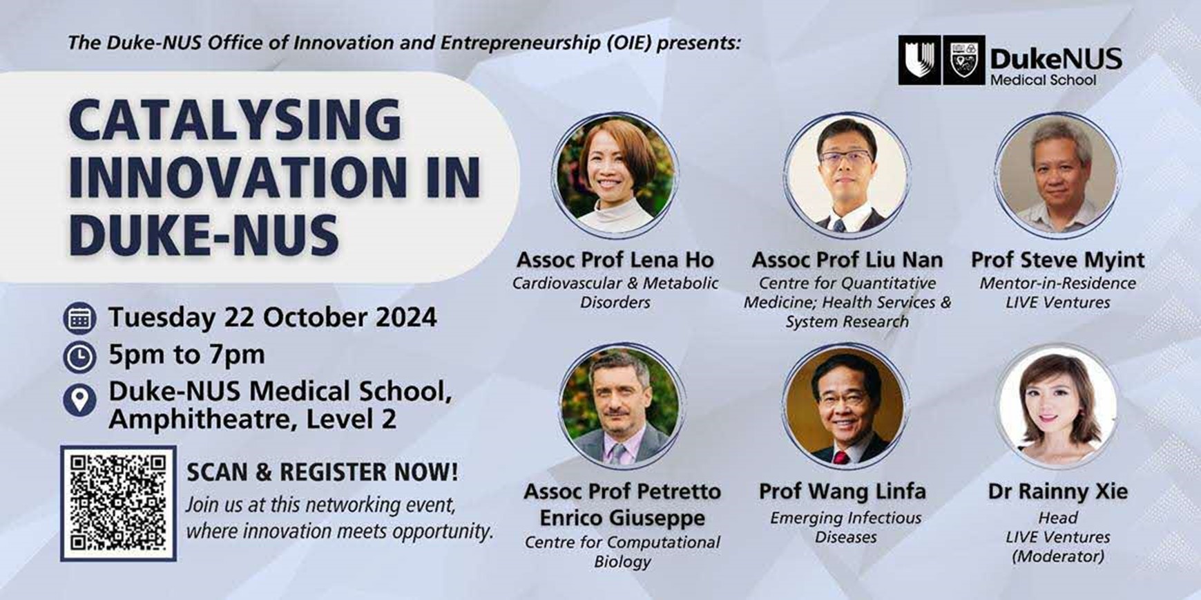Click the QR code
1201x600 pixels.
click(x=118, y=503)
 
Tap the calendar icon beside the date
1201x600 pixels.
click(x=79, y=319)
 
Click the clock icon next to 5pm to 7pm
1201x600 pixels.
click(x=79, y=357)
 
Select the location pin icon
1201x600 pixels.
click(x=79, y=400)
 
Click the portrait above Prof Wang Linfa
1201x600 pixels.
click(x=846, y=406)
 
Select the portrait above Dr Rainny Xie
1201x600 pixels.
click(x=1057, y=406)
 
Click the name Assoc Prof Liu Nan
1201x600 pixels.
click(x=847, y=260)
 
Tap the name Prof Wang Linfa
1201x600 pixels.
click(x=843, y=491)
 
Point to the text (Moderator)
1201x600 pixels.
click(x=1057, y=556)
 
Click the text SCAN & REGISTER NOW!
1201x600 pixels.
click(x=323, y=472)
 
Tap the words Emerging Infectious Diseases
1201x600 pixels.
click(x=846, y=527)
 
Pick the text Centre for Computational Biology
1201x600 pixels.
click(x=622, y=552)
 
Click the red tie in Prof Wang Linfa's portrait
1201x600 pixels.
click(x=840, y=457)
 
